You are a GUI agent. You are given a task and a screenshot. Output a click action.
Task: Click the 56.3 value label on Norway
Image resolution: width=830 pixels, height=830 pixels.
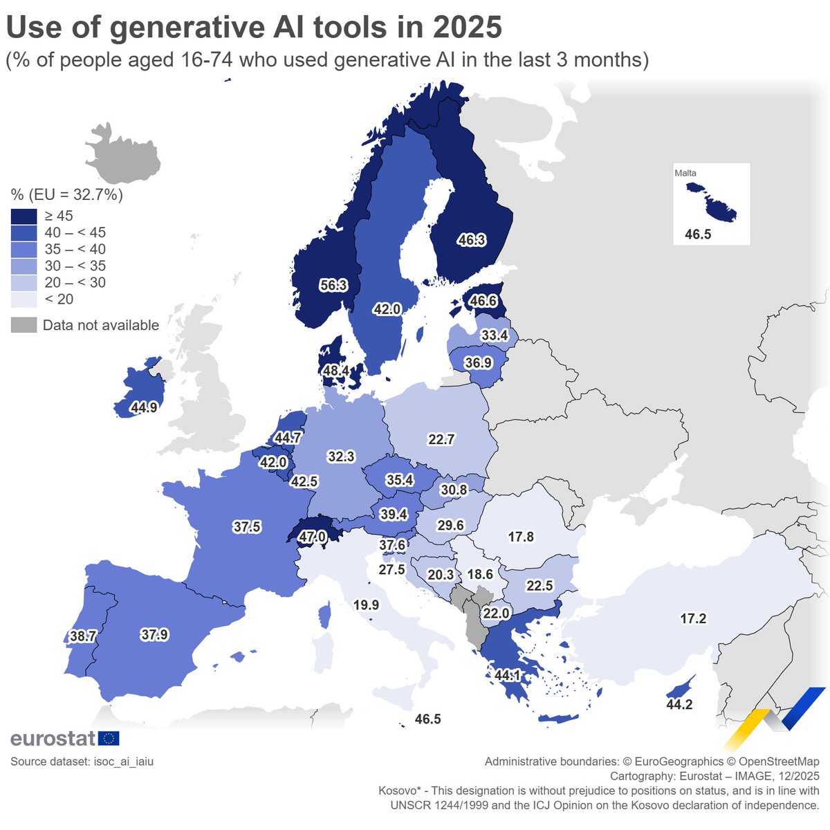[333, 285]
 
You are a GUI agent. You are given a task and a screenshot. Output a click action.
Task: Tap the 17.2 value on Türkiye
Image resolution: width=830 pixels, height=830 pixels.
[693, 618]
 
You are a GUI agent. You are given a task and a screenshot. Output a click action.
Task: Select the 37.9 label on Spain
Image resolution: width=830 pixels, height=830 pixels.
[154, 634]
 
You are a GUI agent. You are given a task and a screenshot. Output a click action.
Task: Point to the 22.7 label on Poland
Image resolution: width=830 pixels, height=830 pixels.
[441, 439]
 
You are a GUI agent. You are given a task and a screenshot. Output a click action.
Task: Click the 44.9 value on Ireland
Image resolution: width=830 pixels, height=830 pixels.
[144, 407]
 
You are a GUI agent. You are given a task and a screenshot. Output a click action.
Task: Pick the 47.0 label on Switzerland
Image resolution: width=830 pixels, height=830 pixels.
[312, 536]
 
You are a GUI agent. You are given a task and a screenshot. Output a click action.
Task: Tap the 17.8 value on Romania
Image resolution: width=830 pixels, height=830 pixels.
[521, 537]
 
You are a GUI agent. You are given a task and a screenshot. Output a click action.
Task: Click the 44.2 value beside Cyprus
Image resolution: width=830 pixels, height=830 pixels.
[679, 705]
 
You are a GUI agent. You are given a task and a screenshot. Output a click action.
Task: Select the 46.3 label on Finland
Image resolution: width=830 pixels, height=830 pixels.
[471, 240]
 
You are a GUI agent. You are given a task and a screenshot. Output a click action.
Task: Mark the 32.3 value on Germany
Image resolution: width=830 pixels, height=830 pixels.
[341, 456]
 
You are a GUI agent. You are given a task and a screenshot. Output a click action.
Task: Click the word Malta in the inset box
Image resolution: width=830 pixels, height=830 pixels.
[685, 173]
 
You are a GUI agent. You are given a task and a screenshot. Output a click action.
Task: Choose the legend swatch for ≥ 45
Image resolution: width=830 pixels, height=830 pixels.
[24, 216]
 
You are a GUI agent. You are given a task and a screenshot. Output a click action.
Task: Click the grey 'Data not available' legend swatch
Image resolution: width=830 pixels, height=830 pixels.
[24, 325]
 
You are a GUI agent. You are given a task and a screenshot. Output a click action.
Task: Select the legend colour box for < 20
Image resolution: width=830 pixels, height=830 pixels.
[24, 299]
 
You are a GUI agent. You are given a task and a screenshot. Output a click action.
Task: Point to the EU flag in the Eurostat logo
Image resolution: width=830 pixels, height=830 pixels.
[109, 739]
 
